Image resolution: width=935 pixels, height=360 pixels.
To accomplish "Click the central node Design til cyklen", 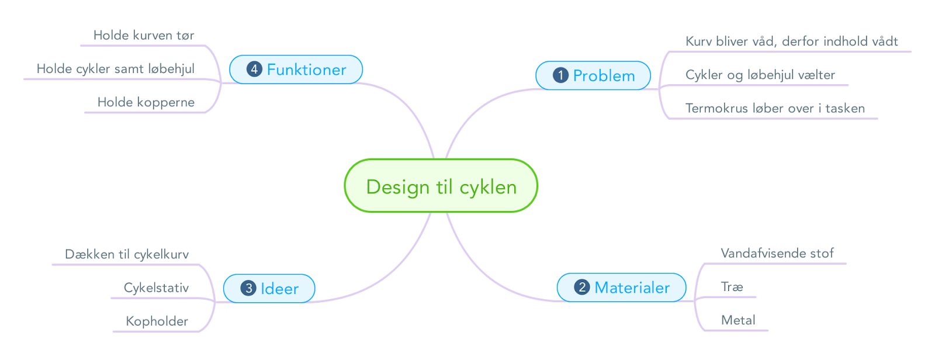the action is pos(441,186).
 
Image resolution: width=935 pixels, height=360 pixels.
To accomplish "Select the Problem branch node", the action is pos(593,75).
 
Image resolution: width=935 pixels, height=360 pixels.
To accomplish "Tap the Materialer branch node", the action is pos(622,288).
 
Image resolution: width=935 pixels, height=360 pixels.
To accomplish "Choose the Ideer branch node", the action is pos(269,289).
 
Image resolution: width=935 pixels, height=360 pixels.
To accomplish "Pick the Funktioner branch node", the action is pos(296,70).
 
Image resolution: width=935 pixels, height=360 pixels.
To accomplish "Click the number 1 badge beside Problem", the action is pos(560,75).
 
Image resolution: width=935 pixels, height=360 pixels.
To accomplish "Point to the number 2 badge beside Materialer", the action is pos(582,288).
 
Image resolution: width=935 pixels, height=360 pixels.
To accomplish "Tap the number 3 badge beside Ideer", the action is pos(248,288).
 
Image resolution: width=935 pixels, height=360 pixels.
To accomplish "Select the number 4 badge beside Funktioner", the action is pos(254,69).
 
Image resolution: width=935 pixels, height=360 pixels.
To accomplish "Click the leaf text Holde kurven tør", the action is pos(144,36).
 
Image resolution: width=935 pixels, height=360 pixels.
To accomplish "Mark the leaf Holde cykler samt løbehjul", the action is pos(116,69).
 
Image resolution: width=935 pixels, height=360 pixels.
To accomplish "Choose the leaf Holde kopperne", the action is pos(146,102).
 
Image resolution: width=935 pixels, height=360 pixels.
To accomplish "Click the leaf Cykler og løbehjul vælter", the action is pos(760,75).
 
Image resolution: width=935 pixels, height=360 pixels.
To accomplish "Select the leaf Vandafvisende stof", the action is pos(777,253).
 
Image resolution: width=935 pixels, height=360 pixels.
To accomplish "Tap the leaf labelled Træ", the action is pos(732,287).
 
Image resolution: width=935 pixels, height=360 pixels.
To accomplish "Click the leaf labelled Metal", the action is pos(738,320).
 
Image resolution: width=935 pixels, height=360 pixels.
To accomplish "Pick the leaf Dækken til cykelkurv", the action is pos(127,254).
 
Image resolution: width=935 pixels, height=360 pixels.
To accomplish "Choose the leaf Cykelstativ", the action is pos(157,288).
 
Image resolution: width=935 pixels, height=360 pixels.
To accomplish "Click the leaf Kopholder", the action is pos(157,321).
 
